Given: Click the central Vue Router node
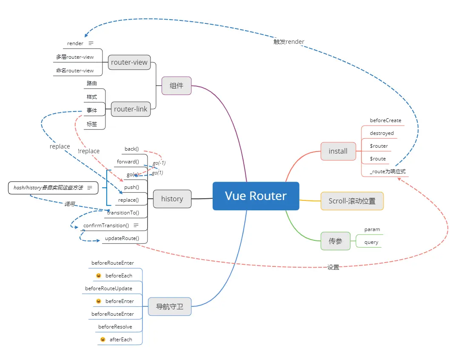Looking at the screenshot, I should click(256, 196).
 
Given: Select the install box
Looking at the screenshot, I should click(338, 151).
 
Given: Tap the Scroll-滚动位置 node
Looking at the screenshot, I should click(352, 201).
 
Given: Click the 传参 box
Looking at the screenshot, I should click(335, 241).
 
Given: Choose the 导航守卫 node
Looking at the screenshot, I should click(170, 306).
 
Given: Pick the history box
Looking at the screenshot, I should click(172, 199).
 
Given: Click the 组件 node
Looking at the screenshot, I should click(176, 86).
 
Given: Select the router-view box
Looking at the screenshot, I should click(129, 62).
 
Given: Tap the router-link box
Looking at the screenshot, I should click(131, 109).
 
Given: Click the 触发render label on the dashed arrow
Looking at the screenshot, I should click(289, 42).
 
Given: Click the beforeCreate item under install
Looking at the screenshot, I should click(385, 120).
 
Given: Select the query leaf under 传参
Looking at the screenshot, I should click(371, 243).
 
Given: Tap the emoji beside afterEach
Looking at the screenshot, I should click(103, 340).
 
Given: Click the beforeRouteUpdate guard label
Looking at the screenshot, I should click(108, 289).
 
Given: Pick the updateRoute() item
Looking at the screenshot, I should click(122, 238).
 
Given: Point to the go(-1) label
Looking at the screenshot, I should click(159, 163).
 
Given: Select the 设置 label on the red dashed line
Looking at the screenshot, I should click(333, 267).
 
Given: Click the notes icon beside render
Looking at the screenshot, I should click(91, 43).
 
